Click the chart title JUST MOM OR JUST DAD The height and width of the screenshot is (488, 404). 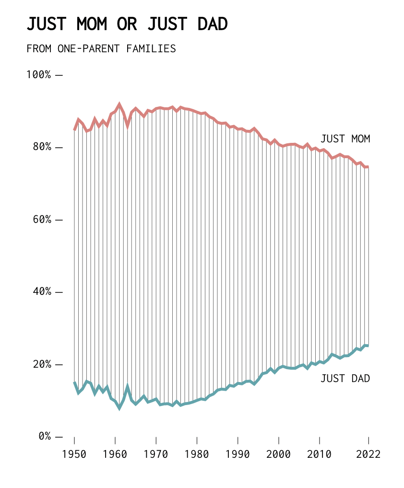tap(127, 24)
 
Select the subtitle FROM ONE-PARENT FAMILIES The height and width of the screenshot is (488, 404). tap(101, 49)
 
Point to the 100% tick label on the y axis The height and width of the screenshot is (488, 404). tap(38, 75)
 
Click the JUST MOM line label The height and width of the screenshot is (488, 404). tap(345, 139)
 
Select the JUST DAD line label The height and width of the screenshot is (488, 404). tap(345, 379)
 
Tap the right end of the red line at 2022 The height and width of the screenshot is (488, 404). tap(368, 167)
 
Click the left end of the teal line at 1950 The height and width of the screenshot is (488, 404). tap(74, 383)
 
